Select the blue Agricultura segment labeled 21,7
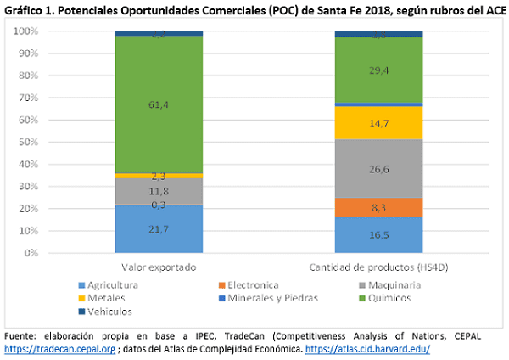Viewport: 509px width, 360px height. [158, 228]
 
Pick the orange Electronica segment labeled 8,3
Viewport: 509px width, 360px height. [378, 207]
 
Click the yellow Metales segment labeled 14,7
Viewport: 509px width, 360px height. [378, 122]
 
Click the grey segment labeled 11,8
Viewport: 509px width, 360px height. [158, 191]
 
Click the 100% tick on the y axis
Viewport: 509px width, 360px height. [25, 31]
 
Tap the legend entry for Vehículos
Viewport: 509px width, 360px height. [98, 311]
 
